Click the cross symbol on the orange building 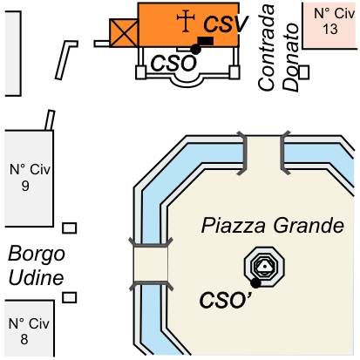point(186,20)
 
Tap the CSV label point(226,24)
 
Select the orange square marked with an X point(124,33)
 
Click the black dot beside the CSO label point(196,49)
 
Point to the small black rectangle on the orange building point(206,41)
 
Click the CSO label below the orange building point(173,64)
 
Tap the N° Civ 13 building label point(334,21)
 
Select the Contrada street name point(266,47)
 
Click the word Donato point(291,58)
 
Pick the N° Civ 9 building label point(30,177)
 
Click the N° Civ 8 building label point(29,331)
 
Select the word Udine point(37,278)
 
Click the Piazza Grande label point(273,226)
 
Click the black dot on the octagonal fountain point(255,283)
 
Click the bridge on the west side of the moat point(151,263)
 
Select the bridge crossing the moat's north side point(264,153)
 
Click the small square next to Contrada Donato point(304,72)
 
